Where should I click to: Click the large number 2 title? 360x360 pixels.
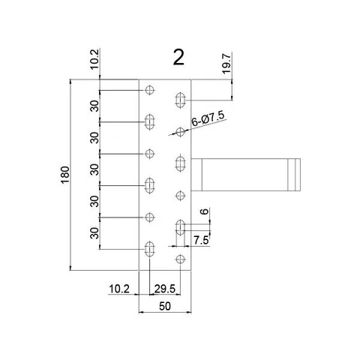(178, 57)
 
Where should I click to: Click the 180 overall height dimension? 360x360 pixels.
(65, 175)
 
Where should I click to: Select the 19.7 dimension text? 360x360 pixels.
(226, 64)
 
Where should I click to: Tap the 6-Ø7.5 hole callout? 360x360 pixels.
(208, 118)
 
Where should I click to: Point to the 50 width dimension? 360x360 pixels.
(165, 306)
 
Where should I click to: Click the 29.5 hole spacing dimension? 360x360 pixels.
(165, 289)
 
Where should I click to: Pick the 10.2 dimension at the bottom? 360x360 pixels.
(119, 289)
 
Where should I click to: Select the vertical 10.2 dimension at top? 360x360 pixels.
(94, 59)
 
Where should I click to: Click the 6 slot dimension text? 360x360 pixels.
(205, 211)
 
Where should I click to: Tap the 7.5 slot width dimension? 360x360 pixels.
(201, 240)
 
